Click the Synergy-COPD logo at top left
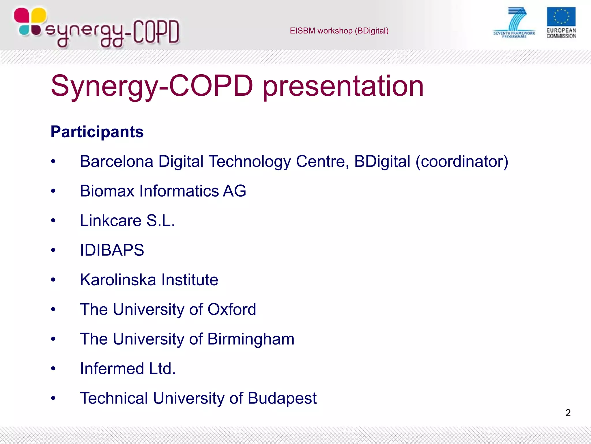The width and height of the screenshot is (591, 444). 97,28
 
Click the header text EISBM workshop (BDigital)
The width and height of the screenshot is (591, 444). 339,31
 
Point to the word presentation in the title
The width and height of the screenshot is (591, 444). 343,86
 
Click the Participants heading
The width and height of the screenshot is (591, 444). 97,132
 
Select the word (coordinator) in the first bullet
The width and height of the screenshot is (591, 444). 461,161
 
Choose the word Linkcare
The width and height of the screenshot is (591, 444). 111,221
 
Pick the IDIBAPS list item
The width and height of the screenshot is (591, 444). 112,250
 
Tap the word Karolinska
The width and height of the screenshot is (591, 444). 118,280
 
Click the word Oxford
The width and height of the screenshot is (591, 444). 232,309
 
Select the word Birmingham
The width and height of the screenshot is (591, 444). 251,339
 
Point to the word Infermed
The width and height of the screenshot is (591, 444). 112,369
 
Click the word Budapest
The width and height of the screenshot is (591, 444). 282,398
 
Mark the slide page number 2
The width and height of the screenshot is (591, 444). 568,413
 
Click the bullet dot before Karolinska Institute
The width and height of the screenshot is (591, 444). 53,280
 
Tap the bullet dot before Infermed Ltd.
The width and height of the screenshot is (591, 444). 53,369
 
